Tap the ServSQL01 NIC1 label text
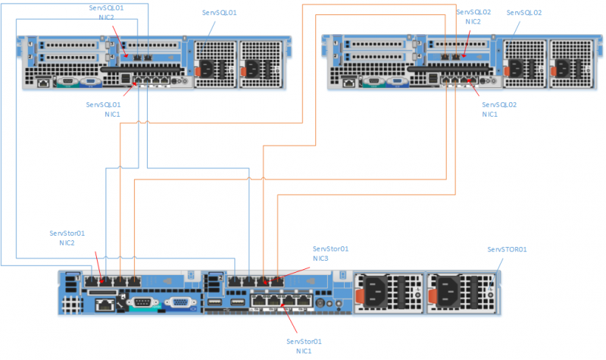[x=106, y=109]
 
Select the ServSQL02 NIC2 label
[x=473, y=17]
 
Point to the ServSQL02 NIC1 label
[x=499, y=109]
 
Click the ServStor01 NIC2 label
[x=67, y=239]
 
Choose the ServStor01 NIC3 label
[x=331, y=253]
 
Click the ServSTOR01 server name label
[x=507, y=249]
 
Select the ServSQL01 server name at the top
[x=220, y=13]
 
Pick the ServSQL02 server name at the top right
[x=524, y=13]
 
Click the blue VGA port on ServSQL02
[x=394, y=83]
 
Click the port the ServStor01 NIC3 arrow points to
[x=277, y=280]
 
